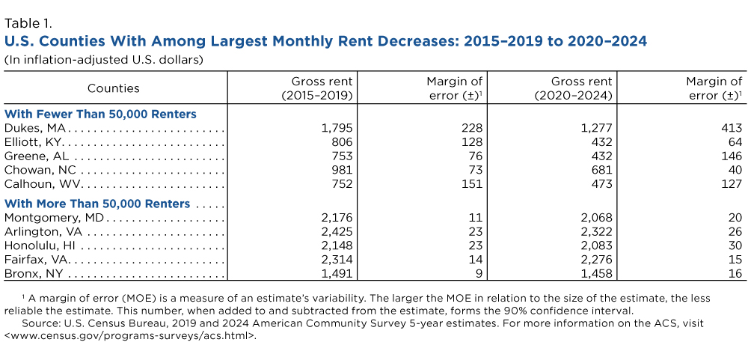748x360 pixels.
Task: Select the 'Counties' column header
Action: pyautogui.click(x=114, y=88)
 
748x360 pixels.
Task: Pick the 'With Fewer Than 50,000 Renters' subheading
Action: pyautogui.click(x=100, y=114)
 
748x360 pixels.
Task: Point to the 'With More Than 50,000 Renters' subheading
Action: pyautogui.click(x=97, y=204)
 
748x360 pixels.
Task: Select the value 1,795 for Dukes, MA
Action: pyautogui.click(x=337, y=128)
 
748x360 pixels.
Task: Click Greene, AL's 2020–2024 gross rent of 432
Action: pyautogui.click(x=601, y=156)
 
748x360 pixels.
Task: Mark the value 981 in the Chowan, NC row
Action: pyautogui.click(x=341, y=171)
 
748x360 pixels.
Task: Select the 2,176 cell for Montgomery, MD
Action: pyautogui.click(x=337, y=218)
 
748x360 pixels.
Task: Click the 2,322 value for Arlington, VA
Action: pyautogui.click(x=596, y=232)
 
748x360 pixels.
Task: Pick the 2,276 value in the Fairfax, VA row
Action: pyautogui.click(x=596, y=260)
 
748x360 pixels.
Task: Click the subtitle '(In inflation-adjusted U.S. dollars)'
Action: pyautogui.click(x=104, y=58)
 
